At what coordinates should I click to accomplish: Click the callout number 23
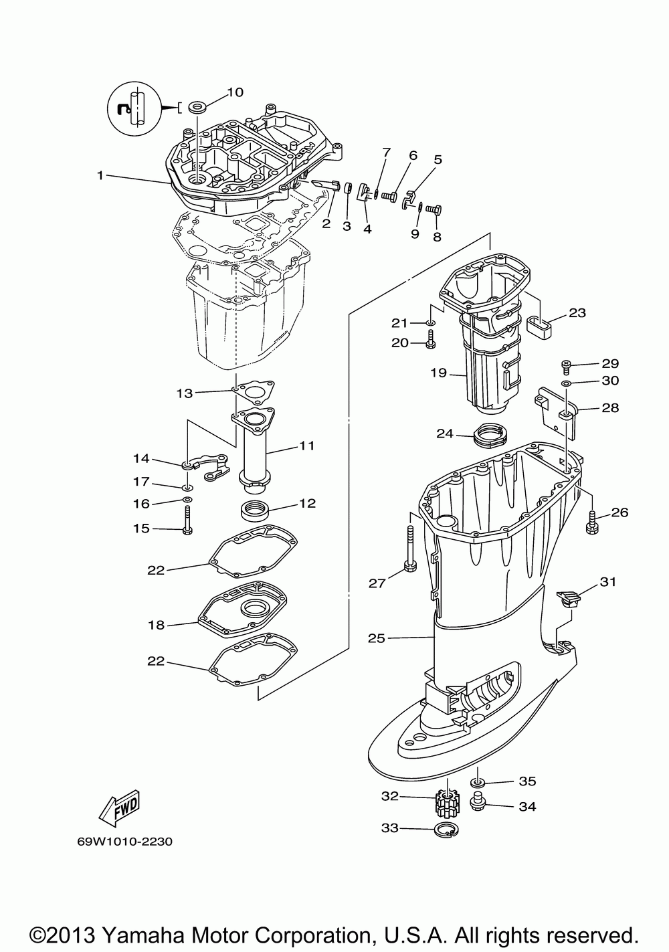[x=577, y=312]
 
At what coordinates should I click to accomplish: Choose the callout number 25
[x=377, y=638]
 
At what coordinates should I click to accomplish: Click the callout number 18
[x=156, y=625]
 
